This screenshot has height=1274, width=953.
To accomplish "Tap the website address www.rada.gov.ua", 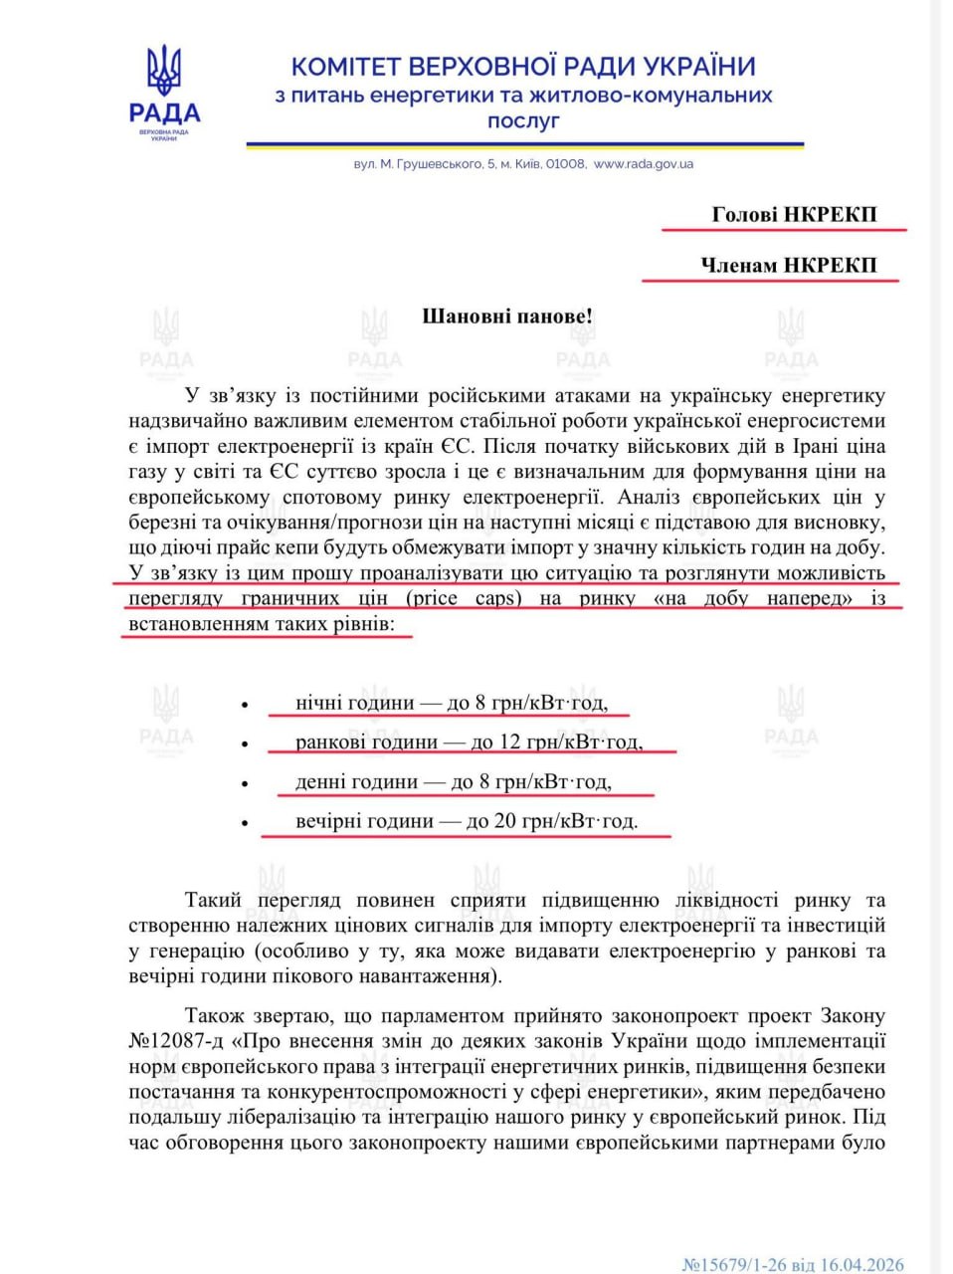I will [x=643, y=164].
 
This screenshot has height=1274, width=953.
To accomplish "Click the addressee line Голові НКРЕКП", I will [x=794, y=214].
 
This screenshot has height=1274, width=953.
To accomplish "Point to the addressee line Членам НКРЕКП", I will [x=788, y=265].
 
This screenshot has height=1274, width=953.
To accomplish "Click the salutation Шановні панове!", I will [x=507, y=317].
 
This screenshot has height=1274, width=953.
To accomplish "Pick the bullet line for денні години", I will [x=453, y=782].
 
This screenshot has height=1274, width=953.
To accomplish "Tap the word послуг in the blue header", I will [x=523, y=120].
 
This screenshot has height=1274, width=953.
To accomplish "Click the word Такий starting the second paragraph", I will [x=214, y=900].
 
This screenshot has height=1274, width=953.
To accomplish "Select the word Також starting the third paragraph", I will [x=217, y=1016].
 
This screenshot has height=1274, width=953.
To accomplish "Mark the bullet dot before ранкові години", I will [x=244, y=743].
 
